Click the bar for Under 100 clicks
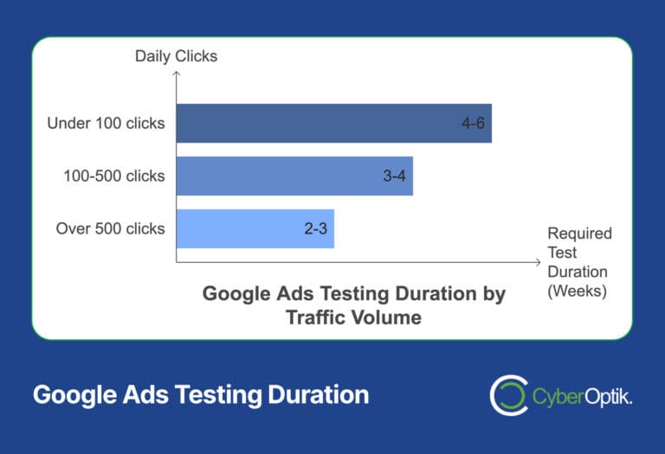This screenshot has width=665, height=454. pyautogui.click(x=333, y=123)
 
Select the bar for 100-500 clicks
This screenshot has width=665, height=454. pyautogui.click(x=294, y=176)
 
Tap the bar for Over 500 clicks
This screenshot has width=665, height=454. pyautogui.click(x=255, y=228)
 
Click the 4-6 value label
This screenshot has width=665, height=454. pyautogui.click(x=472, y=124)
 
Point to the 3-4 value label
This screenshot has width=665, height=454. pyautogui.click(x=394, y=176)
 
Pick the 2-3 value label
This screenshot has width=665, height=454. pyautogui.click(x=315, y=229)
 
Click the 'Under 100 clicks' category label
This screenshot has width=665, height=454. pyautogui.click(x=106, y=123)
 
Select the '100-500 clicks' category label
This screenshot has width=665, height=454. pyautogui.click(x=113, y=176)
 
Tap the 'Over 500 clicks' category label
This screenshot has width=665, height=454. pyautogui.click(x=110, y=228)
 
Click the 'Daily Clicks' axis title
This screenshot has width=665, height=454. pyautogui.click(x=176, y=57)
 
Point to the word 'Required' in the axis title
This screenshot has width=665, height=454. pyautogui.click(x=579, y=233)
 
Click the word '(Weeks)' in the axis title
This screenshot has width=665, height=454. pyautogui.click(x=577, y=291)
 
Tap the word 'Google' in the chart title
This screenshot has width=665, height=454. pyautogui.click(x=233, y=294)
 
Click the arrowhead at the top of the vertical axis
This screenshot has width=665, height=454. pyautogui.click(x=176, y=75)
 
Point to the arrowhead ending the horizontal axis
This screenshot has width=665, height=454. pyautogui.click(x=535, y=261)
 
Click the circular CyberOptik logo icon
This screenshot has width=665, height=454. pyautogui.click(x=507, y=395)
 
